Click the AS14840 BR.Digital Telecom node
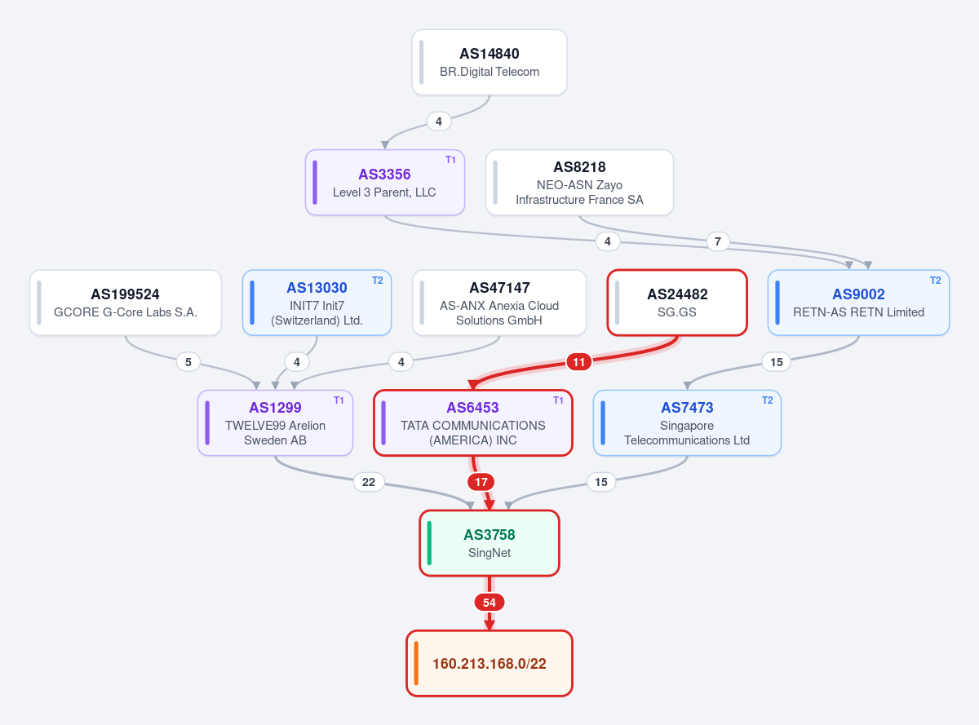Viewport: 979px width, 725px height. tap(489, 62)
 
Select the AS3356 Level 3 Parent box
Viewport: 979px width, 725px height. tap(384, 182)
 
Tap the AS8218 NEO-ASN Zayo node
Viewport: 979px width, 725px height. tap(579, 182)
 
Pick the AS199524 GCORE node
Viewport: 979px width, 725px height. tap(126, 303)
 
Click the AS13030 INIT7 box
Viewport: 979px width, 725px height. tap(317, 303)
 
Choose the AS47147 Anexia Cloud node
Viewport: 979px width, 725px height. tap(499, 303)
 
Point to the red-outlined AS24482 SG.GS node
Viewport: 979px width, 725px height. tap(677, 303)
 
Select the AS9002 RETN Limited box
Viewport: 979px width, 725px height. tap(858, 303)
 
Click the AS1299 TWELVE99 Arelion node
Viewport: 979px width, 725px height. tap(275, 422)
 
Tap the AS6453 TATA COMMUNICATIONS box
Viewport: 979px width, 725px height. tap(472, 422)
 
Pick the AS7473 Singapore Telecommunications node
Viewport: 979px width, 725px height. tap(687, 422)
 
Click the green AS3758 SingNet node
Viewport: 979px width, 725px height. tap(489, 543)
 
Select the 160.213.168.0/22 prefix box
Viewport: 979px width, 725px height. tap(489, 663)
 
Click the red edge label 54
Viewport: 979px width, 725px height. tap(489, 603)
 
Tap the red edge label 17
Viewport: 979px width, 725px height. tap(481, 482)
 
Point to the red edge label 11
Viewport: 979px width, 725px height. tap(578, 362)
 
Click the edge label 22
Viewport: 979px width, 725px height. tap(369, 482)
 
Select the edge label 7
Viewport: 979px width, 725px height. tap(718, 241)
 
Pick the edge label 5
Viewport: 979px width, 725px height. tap(188, 362)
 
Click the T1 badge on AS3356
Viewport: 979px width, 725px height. tap(450, 160)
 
